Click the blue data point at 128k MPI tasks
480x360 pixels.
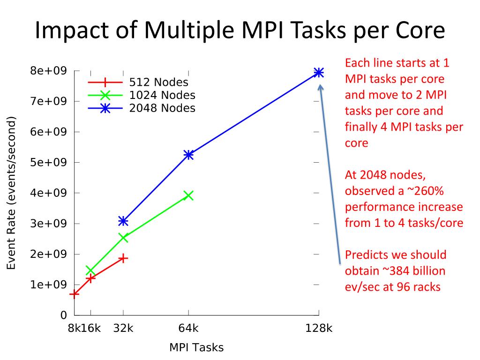319,72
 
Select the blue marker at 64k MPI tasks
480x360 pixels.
188,155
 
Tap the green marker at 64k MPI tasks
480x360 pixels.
188,195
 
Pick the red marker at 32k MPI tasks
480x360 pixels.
123,258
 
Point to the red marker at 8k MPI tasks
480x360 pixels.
74,294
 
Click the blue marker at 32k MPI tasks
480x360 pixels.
123,221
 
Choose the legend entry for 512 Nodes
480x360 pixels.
158,82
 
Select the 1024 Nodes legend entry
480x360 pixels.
162,95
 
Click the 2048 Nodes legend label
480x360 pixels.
162,108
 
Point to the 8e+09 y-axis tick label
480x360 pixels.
49,71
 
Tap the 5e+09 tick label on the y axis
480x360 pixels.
49,162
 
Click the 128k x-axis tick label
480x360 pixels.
319,328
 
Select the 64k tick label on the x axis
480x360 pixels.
188,328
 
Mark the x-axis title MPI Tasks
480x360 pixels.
196,348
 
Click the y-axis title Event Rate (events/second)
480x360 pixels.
12,193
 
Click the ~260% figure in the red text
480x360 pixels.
424,191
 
